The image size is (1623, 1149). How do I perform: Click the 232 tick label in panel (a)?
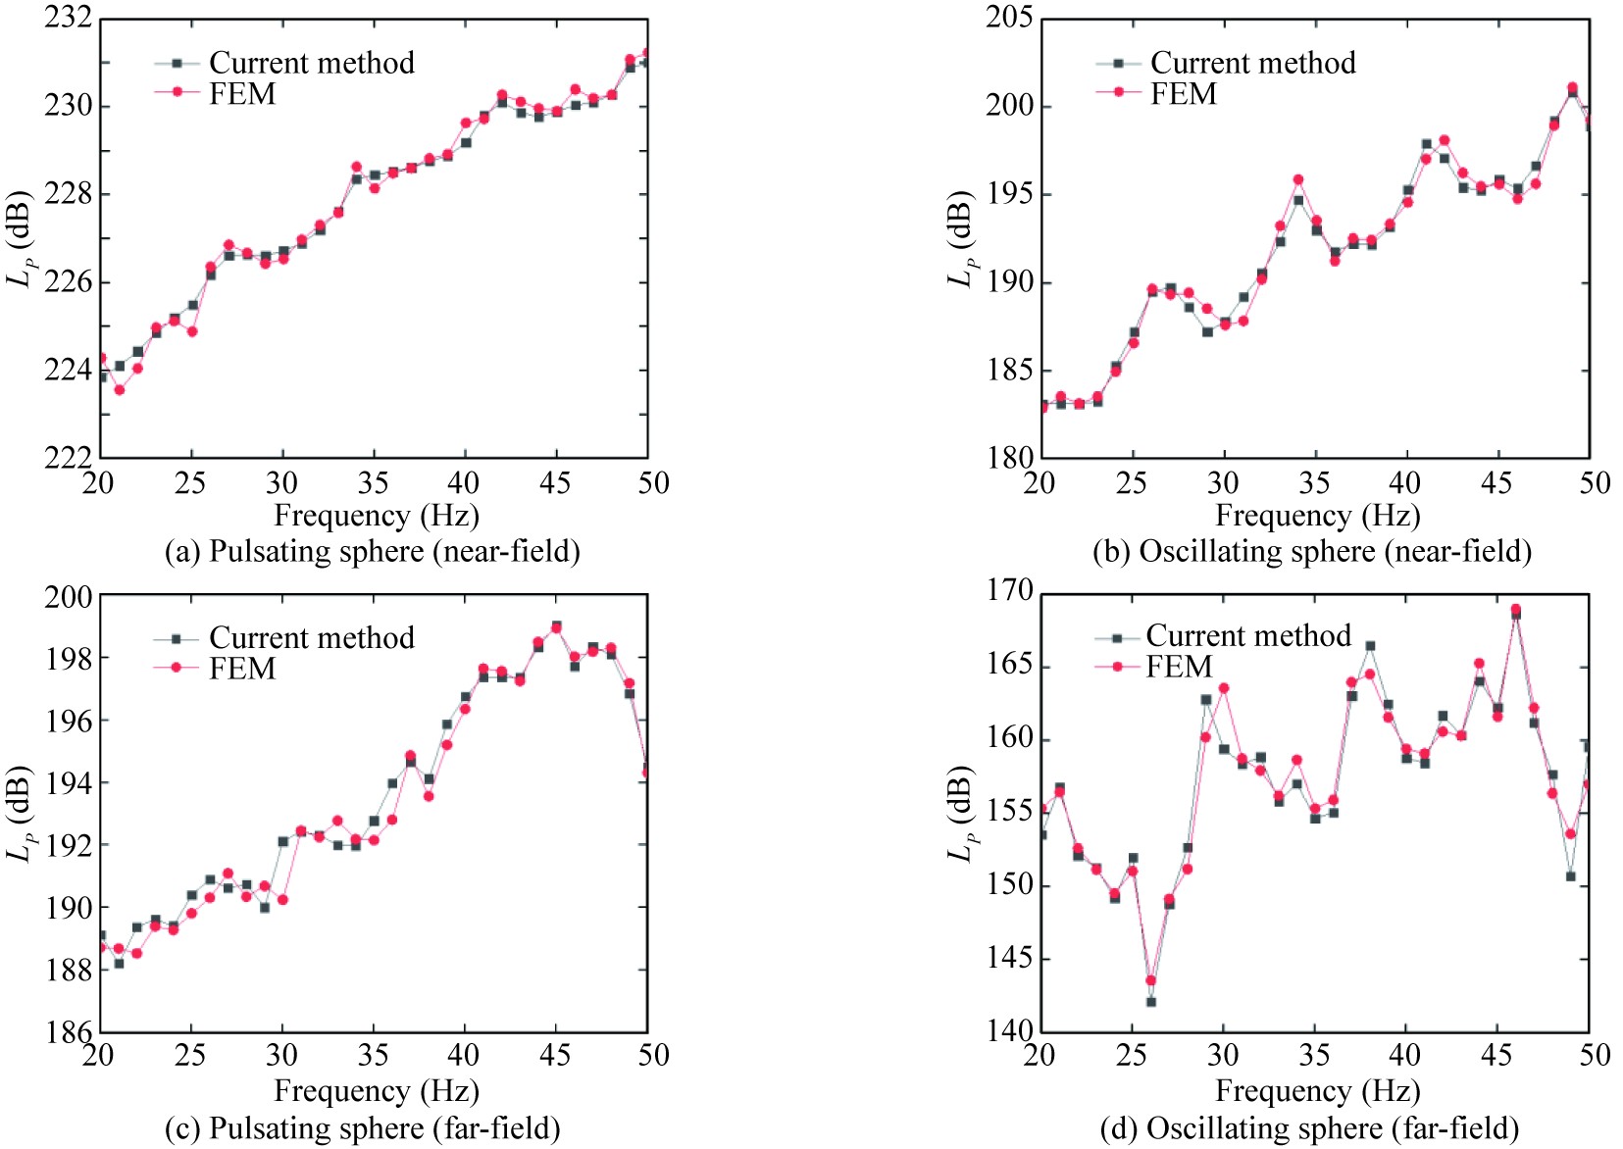68,18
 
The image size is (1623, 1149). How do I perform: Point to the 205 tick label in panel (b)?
1009,18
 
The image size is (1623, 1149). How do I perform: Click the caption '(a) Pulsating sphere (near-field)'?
373,552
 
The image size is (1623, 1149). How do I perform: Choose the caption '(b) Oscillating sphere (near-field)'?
1312,552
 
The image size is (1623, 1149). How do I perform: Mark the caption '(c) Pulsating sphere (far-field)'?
363,1128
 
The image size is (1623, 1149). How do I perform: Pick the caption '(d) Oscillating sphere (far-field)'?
1309,1128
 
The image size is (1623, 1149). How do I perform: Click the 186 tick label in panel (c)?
68,1031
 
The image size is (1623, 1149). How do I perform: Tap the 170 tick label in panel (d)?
1009,590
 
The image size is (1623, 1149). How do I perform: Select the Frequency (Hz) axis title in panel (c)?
377,1091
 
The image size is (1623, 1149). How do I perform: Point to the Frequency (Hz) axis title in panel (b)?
1318,516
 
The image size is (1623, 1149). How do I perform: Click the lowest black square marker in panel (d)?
1150,1002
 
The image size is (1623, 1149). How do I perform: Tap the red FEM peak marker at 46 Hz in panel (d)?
1515,609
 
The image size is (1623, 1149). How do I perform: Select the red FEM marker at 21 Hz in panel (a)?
120,390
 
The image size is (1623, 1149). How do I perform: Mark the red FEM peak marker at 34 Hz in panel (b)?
1297,179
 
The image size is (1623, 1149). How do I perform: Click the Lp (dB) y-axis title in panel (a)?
21,237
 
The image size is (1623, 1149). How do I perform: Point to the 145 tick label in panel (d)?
1009,958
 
